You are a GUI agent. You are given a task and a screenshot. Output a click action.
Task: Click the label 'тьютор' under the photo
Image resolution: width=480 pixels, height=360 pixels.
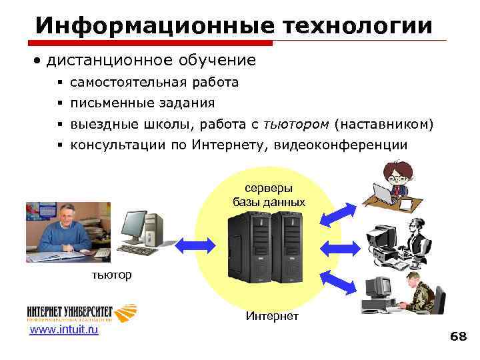pos(112,274)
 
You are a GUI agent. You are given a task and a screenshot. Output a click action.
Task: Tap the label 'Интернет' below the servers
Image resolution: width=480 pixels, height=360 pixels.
pos(272,315)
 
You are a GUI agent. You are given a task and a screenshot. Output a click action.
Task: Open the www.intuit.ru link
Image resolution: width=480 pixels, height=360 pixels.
pos(64,329)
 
